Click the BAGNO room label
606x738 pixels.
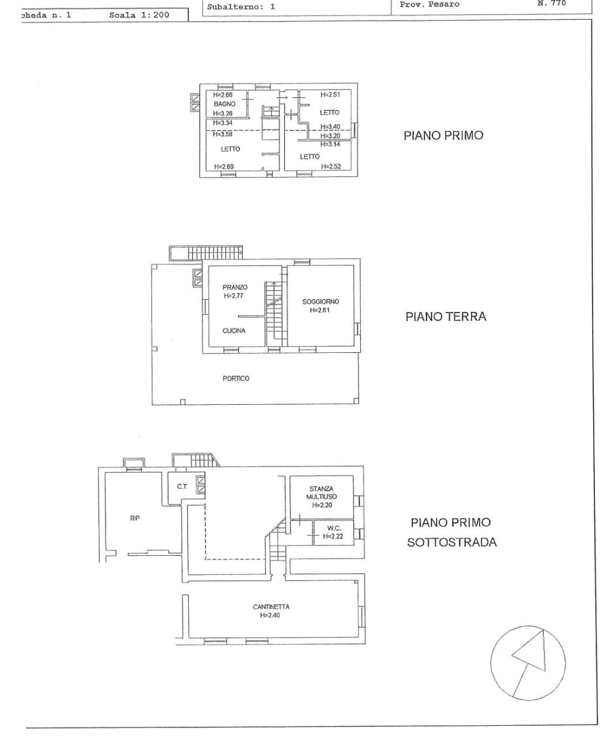point(224,104)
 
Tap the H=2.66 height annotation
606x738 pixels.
point(223,95)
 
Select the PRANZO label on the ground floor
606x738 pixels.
point(235,287)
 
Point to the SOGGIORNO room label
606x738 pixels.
point(321,302)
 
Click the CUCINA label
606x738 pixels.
point(234,331)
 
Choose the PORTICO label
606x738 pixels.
point(236,378)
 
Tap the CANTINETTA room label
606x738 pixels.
point(271,607)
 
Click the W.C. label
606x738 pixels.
point(334,528)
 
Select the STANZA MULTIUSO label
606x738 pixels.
point(321,492)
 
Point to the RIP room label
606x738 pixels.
point(135,518)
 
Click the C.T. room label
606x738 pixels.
point(182,487)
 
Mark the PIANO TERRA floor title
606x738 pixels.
point(446,317)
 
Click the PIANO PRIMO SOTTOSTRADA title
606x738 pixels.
point(451,532)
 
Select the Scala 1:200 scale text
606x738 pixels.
point(139,15)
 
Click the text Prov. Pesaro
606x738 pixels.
point(430,5)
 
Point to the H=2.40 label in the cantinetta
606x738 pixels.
point(270,615)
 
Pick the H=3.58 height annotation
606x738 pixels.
point(223,134)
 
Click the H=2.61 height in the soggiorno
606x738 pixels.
point(319,310)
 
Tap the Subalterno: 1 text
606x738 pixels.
point(241,7)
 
